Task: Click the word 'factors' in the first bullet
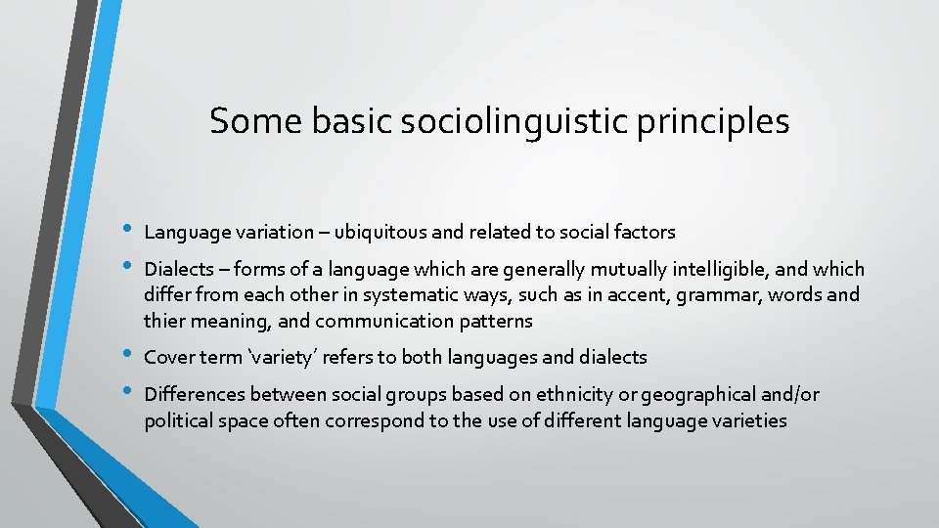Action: coord(644,232)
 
